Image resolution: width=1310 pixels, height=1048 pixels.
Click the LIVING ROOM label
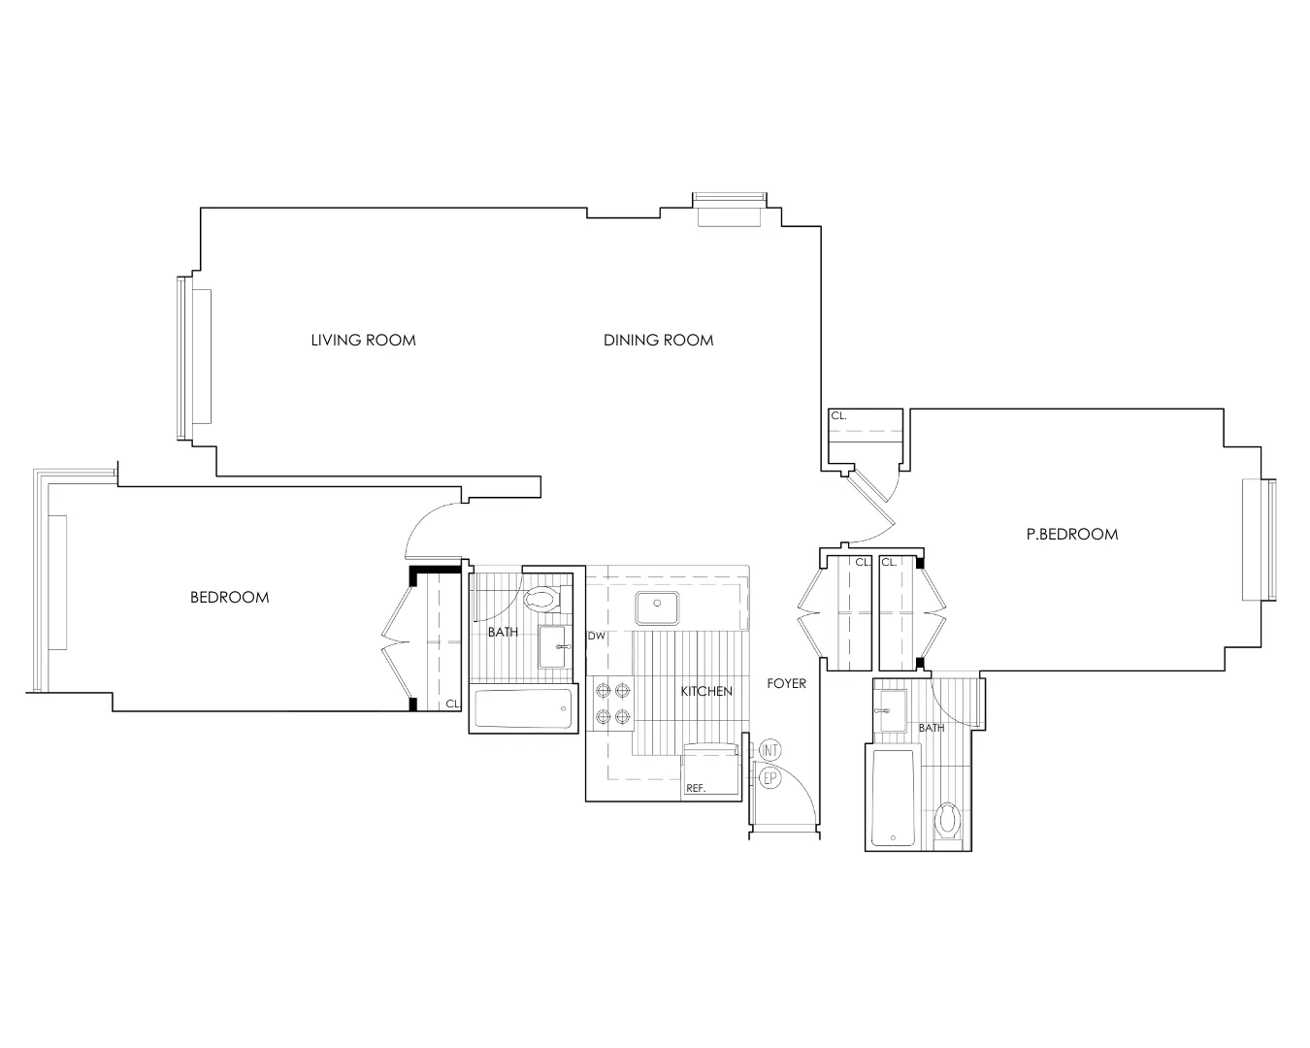[x=363, y=340]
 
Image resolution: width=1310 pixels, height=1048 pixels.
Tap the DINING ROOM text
[x=658, y=340]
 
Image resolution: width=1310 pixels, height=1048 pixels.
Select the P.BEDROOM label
[x=1071, y=534]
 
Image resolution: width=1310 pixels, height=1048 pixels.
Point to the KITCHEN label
[x=705, y=691]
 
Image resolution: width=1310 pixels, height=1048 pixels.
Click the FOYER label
[x=786, y=683]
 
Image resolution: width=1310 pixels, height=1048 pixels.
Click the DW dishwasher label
[x=596, y=637]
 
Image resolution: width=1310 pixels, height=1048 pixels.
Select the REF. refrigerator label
[x=696, y=788]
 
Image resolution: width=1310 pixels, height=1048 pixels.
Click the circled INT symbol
[x=770, y=750]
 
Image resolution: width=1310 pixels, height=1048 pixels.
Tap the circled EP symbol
[x=770, y=777]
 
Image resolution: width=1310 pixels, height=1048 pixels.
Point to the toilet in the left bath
[x=541, y=598]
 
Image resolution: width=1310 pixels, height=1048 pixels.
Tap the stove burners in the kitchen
[x=612, y=704]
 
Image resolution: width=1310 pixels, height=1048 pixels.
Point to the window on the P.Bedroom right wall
[x=1269, y=540]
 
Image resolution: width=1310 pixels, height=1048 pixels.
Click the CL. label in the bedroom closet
[x=452, y=704]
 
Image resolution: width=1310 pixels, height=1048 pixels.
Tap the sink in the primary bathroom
[x=890, y=704]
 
